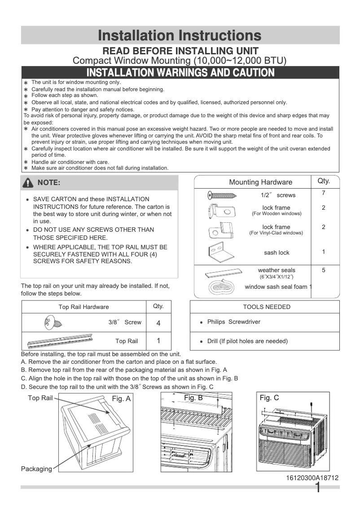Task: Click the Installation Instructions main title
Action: pyautogui.click(x=180, y=35)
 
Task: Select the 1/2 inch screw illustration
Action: pyautogui.click(x=222, y=195)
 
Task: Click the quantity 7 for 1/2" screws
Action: pyautogui.click(x=323, y=193)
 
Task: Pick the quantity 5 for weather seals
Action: pyautogui.click(x=323, y=270)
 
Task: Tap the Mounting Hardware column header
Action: pyautogui.click(x=260, y=182)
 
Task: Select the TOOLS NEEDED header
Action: pyautogui.click(x=267, y=307)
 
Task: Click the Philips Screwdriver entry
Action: pyautogui.click(x=233, y=322)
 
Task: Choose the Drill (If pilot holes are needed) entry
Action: pyautogui.click(x=247, y=341)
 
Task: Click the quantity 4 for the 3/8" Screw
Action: pyautogui.click(x=158, y=323)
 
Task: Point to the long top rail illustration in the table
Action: pyautogui.click(x=66, y=341)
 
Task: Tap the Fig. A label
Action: pyautogui.click(x=121, y=398)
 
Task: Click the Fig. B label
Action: pyautogui.click(x=193, y=397)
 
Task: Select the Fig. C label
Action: pyautogui.click(x=269, y=397)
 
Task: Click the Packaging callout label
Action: pyautogui.click(x=36, y=469)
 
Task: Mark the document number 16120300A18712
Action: pyautogui.click(x=312, y=478)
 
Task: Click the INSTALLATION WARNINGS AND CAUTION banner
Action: pyautogui.click(x=180, y=72)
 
